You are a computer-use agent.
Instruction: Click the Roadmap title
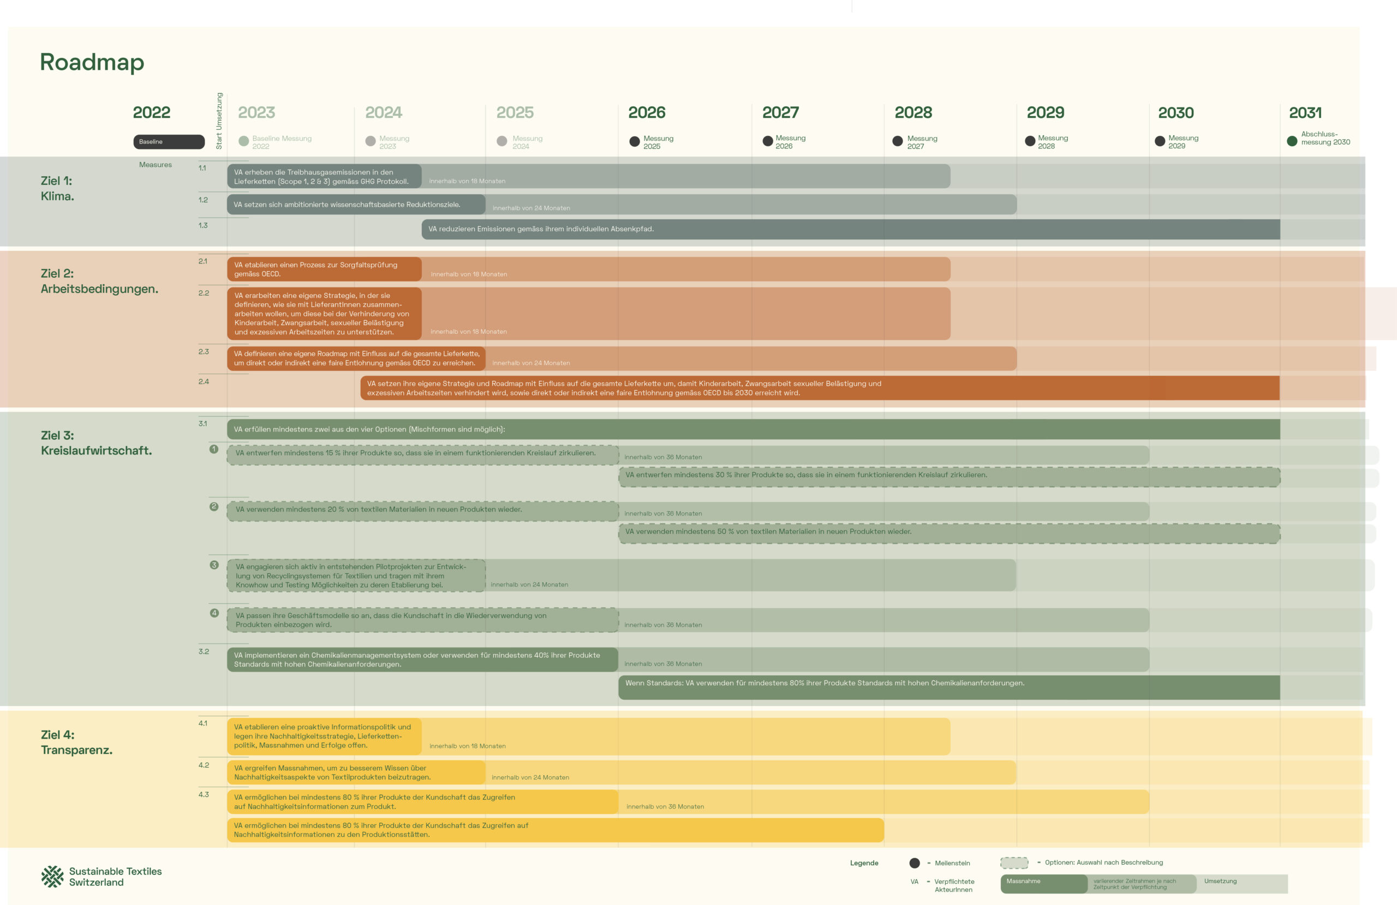[x=92, y=62]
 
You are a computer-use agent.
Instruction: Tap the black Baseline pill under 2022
[x=169, y=141]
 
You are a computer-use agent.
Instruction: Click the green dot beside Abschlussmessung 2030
[x=1291, y=141]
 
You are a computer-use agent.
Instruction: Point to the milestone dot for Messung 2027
[x=897, y=141]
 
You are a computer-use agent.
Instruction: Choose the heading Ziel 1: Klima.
[x=57, y=188]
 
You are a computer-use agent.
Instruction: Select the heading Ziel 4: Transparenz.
[x=76, y=742]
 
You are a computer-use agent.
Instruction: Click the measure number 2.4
[x=204, y=381]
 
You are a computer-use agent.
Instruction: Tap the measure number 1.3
[x=203, y=225]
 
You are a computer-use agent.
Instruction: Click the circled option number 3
[x=214, y=565]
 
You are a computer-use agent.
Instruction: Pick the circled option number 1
[x=214, y=449]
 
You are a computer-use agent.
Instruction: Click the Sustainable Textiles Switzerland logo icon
[x=52, y=876]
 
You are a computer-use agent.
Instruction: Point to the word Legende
[x=864, y=863]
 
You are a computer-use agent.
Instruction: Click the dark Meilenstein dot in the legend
[x=914, y=863]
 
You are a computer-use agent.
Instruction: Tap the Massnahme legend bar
[x=1043, y=883]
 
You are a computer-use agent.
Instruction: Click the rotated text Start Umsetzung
[x=219, y=121]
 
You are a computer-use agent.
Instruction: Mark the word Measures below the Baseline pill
[x=156, y=165]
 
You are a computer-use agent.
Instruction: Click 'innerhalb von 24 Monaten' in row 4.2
[x=530, y=777]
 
